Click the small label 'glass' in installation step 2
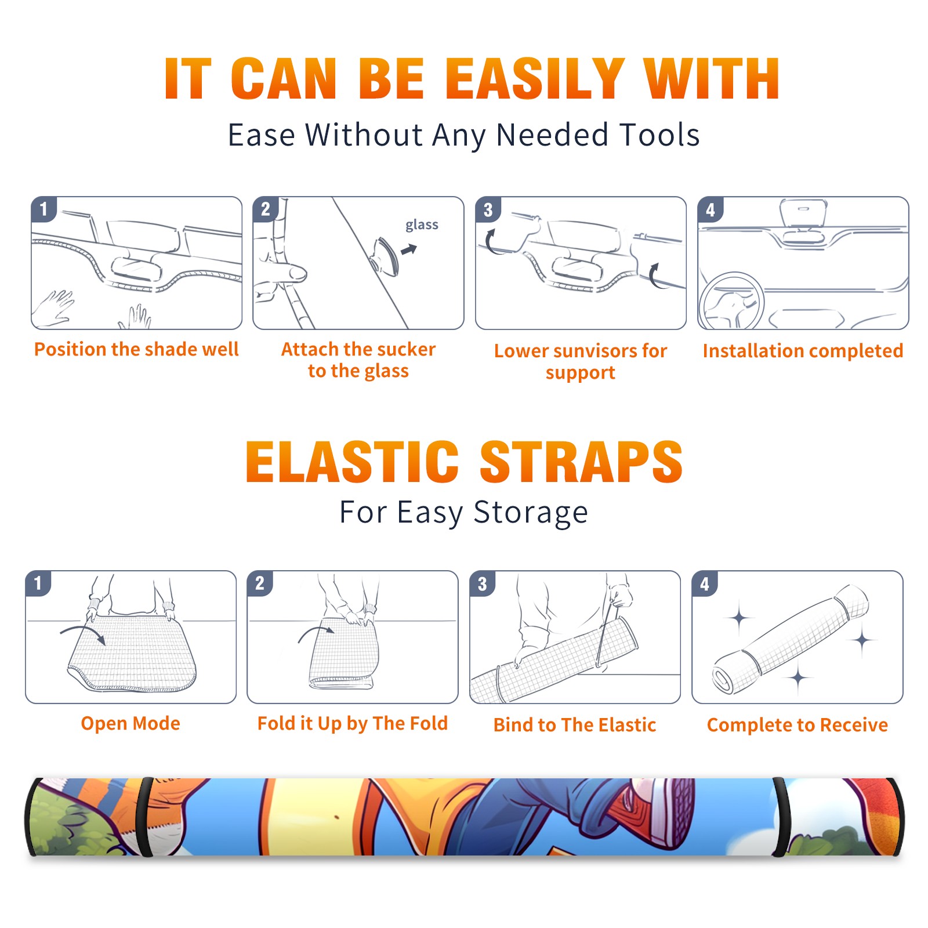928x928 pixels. (422, 225)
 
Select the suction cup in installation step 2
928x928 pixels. (385, 256)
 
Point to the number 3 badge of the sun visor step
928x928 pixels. (487, 209)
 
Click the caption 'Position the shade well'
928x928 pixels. (136, 349)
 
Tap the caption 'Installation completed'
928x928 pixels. (803, 350)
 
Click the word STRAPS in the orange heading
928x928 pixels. (581, 462)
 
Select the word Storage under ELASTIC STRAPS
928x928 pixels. (531, 513)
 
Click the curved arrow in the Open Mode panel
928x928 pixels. (82, 634)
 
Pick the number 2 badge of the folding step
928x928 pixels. (259, 583)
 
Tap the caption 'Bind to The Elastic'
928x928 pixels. (574, 724)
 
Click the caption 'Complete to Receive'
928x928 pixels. (797, 725)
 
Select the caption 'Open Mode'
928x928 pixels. (130, 723)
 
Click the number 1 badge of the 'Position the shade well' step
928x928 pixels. (43, 209)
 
